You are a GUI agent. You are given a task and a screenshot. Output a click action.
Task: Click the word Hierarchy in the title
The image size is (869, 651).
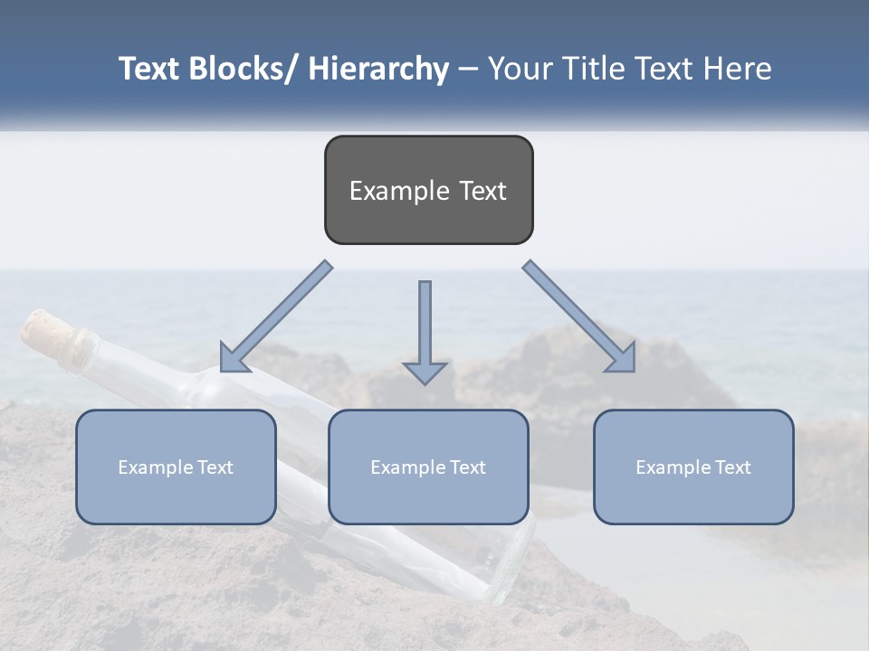coord(378,69)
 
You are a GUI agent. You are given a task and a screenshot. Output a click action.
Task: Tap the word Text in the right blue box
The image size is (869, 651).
coord(731,467)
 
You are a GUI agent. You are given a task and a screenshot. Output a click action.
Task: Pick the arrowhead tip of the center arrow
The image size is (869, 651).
coord(425,382)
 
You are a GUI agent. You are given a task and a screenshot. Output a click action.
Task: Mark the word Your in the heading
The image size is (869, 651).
coord(519,69)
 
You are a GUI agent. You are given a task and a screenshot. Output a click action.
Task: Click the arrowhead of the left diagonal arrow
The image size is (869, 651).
coord(232,361)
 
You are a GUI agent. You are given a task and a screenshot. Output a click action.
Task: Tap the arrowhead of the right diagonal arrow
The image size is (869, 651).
coord(624,361)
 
